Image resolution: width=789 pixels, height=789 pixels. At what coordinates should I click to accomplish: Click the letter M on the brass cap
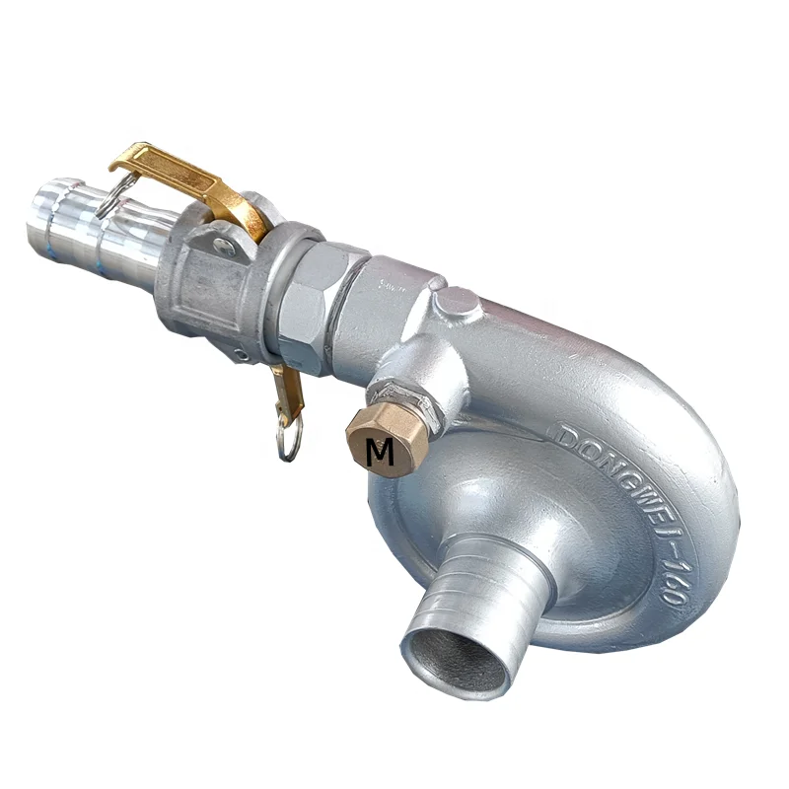click(380, 452)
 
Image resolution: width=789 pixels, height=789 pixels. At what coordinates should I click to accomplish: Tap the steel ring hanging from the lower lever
click(288, 442)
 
